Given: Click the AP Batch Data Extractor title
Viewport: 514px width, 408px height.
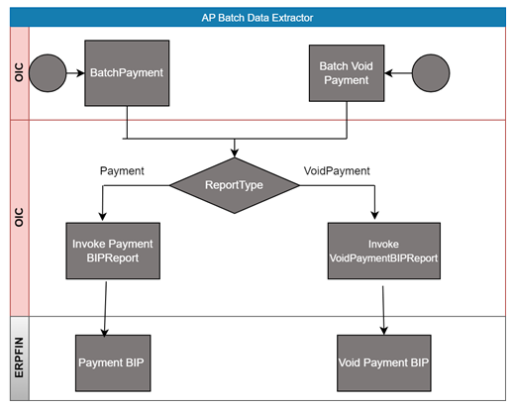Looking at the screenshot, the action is [x=257, y=18].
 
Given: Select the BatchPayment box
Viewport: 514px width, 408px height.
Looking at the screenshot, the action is [x=127, y=73].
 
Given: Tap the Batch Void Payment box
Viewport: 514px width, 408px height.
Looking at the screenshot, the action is [x=347, y=73].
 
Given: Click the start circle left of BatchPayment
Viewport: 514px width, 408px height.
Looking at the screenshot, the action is [x=48, y=73].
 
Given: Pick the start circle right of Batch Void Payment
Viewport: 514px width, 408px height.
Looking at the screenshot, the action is [x=431, y=73].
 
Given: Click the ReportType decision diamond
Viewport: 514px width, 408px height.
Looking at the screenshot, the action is [x=235, y=185].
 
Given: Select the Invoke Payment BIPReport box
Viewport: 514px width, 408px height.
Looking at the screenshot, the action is [x=113, y=251].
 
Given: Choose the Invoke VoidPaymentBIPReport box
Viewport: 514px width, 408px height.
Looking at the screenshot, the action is [x=384, y=251].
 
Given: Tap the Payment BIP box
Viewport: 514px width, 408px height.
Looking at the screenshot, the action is [x=113, y=363].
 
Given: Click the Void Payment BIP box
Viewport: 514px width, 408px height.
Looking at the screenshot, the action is [x=384, y=363].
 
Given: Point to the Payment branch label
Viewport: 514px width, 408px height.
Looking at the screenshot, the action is [x=122, y=170].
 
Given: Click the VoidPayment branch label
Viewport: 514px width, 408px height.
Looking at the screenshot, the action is [x=337, y=170].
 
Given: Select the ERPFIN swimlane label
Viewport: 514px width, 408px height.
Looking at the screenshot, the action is [x=19, y=357].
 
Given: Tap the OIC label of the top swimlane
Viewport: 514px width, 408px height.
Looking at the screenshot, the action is [x=19, y=72].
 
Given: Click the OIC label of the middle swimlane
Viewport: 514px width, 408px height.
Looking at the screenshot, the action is [x=19, y=217].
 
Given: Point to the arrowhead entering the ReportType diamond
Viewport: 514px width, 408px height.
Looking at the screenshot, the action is [x=235, y=153].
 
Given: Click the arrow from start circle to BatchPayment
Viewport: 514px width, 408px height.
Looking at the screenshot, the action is [x=75, y=73].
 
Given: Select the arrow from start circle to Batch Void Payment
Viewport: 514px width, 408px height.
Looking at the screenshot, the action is [x=398, y=73].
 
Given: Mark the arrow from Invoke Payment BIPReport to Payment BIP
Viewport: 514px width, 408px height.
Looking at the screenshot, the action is [x=105, y=309].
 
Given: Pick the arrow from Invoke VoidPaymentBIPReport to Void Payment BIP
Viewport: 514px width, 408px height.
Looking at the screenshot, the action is [x=383, y=310].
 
